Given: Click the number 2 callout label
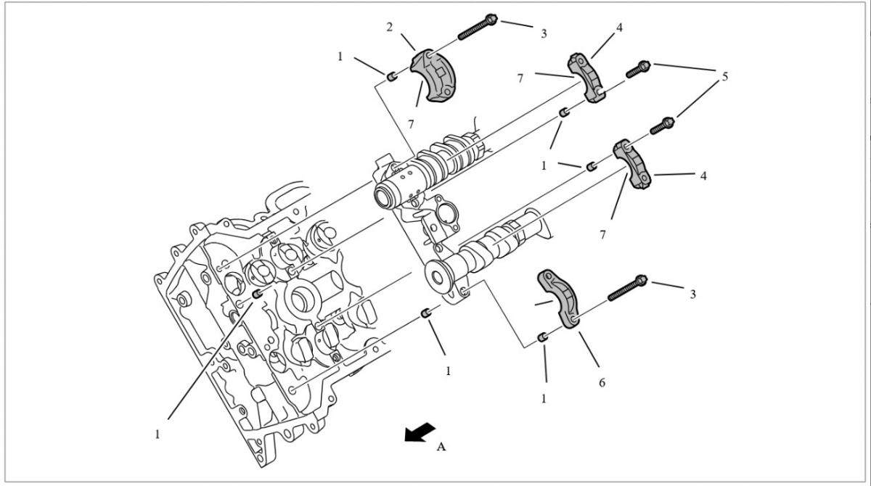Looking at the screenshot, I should (x=389, y=28).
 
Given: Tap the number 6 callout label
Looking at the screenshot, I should (x=602, y=382).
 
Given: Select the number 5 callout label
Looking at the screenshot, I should (x=724, y=76).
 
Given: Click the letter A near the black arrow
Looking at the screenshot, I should (x=441, y=448).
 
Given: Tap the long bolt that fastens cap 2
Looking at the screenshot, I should (x=476, y=26).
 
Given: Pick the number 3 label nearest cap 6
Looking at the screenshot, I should (x=692, y=294).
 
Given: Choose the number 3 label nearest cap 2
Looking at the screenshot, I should (x=544, y=33).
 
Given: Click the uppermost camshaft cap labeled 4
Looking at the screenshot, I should (x=589, y=77).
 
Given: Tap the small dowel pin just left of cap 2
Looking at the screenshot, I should (x=391, y=76).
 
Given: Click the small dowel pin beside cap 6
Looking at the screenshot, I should (x=542, y=338).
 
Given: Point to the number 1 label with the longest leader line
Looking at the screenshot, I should (x=157, y=434).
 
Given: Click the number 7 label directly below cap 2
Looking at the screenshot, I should (x=411, y=124).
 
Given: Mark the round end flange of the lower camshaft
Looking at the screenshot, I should (x=438, y=276).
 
